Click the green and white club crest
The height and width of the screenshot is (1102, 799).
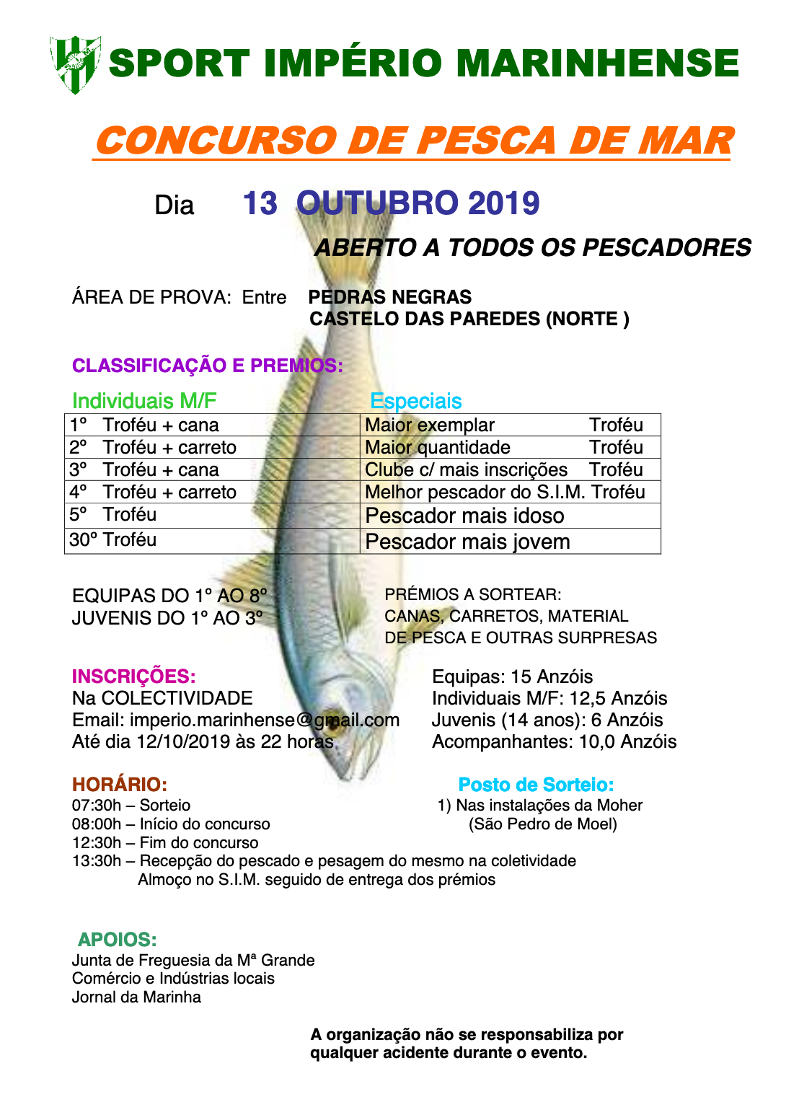coord(74,64)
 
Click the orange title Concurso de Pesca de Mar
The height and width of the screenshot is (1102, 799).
coord(413,141)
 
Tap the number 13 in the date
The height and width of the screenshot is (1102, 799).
coord(260,204)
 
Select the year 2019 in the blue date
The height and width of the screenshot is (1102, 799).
coord(503,204)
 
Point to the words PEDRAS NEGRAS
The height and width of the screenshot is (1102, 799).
coord(389,297)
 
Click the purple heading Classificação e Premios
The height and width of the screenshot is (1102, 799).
coord(207,366)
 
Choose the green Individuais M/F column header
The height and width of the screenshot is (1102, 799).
coord(144,401)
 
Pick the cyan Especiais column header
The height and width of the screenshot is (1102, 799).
coord(415,401)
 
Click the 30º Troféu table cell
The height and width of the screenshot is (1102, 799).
coord(113,539)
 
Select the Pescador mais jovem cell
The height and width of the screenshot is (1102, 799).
coord(467,542)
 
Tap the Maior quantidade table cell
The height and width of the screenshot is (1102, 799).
coord(438,448)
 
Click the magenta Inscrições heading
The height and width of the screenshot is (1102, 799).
coord(133,676)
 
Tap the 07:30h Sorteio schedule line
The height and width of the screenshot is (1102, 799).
coord(131,806)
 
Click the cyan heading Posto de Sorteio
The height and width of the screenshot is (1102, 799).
coord(536,785)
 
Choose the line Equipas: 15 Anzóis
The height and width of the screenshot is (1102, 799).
coord(512,676)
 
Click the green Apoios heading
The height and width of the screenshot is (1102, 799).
coord(118,940)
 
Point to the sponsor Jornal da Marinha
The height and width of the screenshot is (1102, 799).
coord(136,997)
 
